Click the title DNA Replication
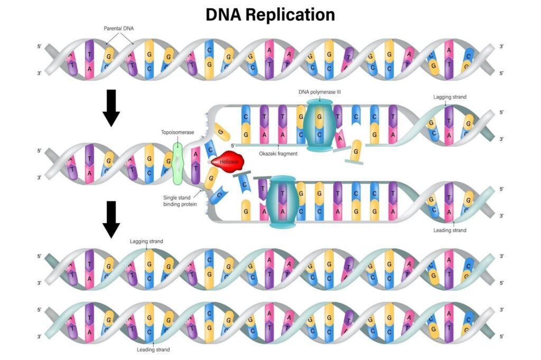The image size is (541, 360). point(270,15)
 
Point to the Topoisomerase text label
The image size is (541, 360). point(178,132)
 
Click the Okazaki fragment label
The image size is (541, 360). point(278,153)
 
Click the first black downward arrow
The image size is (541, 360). point(111,108)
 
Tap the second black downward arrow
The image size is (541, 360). point(111,219)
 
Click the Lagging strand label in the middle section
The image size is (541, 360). point(450,97)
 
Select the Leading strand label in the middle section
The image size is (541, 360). point(450,230)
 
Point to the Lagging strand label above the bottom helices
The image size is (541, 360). point(146,241)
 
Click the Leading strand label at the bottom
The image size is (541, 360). point(153,349)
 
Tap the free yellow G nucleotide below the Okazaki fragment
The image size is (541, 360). point(357,151)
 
